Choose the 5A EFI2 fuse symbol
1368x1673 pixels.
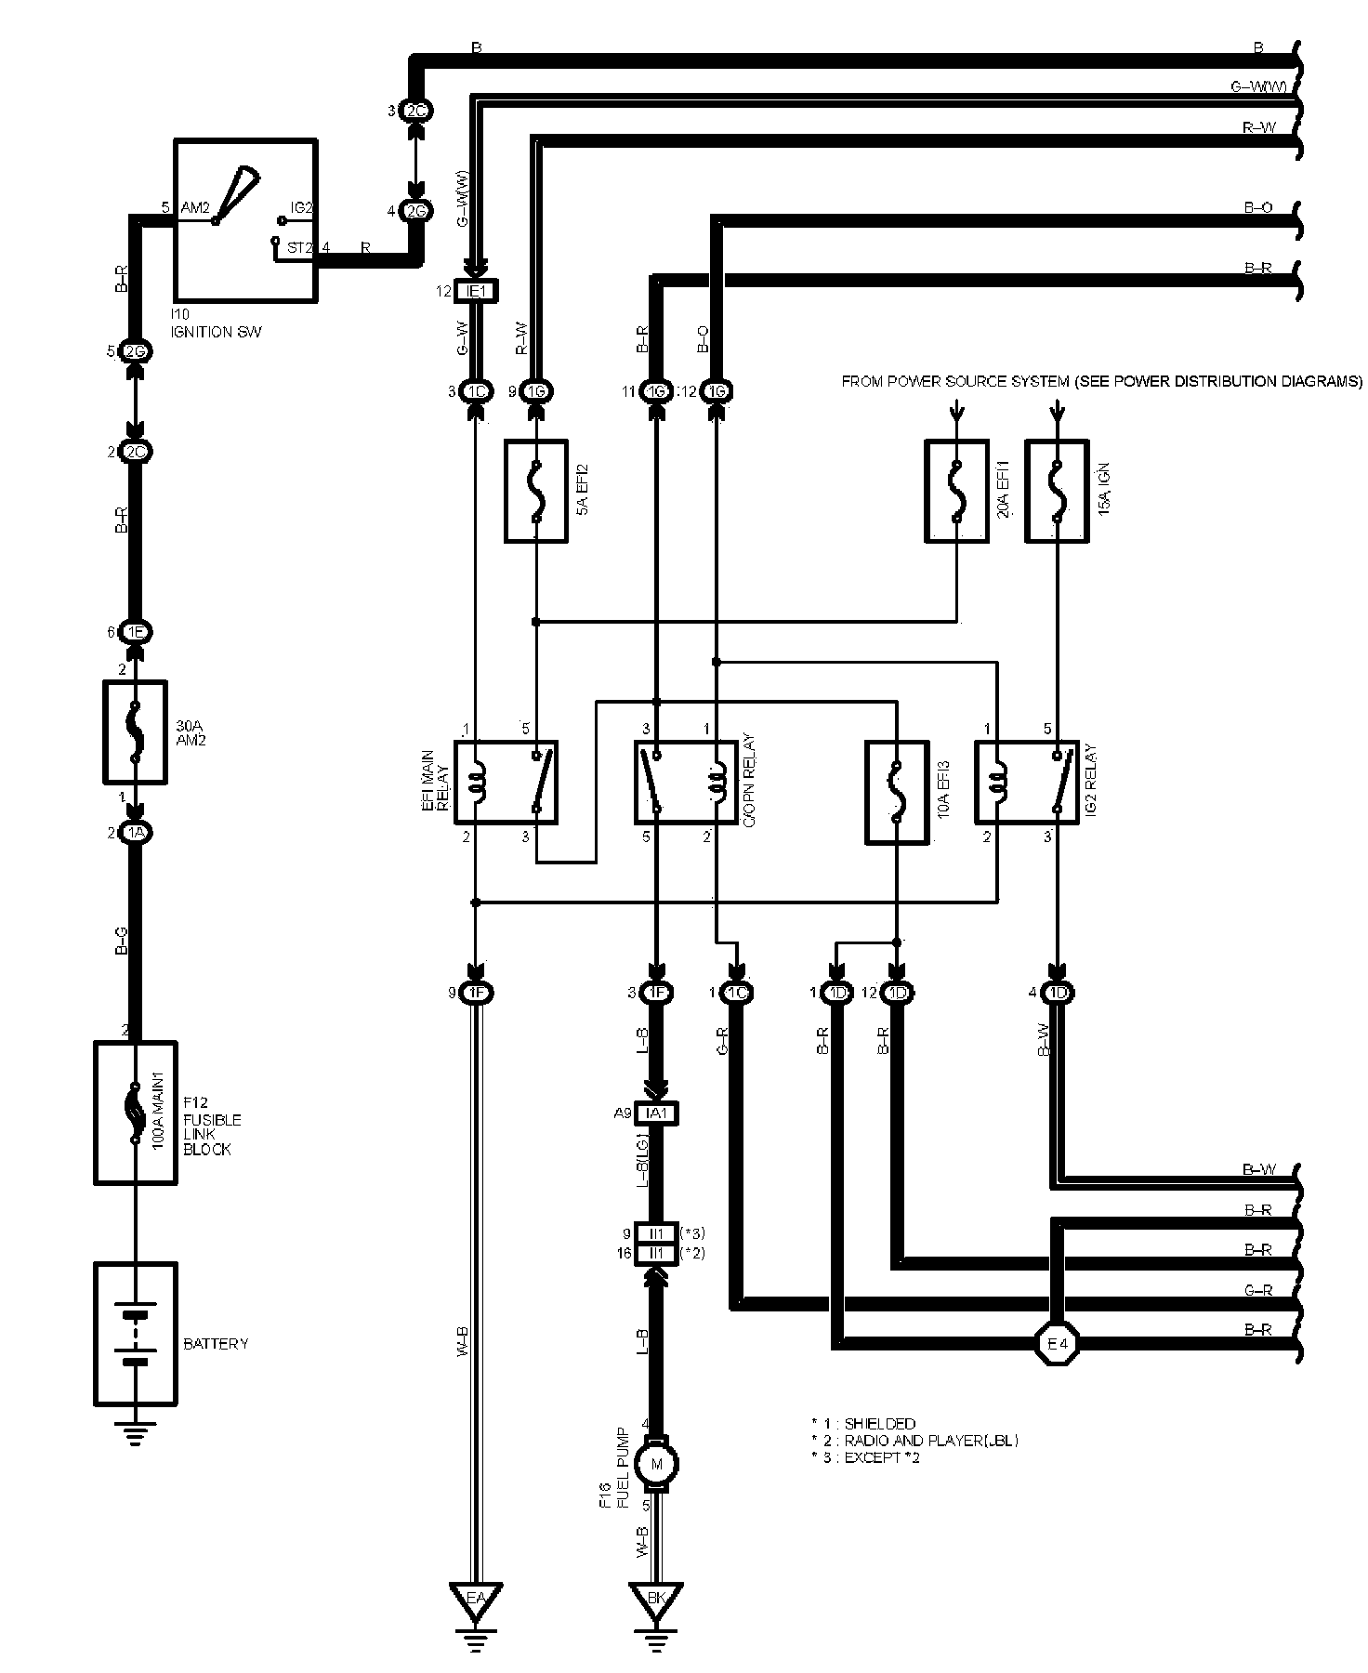coord(536,491)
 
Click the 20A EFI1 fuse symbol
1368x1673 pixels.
coord(956,491)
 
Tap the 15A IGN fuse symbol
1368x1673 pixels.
coord(1057,491)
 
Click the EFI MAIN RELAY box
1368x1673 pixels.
coord(506,782)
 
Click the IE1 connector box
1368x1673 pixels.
coord(476,292)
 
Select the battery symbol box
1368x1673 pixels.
coord(136,1334)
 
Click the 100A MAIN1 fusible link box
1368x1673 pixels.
coord(136,1112)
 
